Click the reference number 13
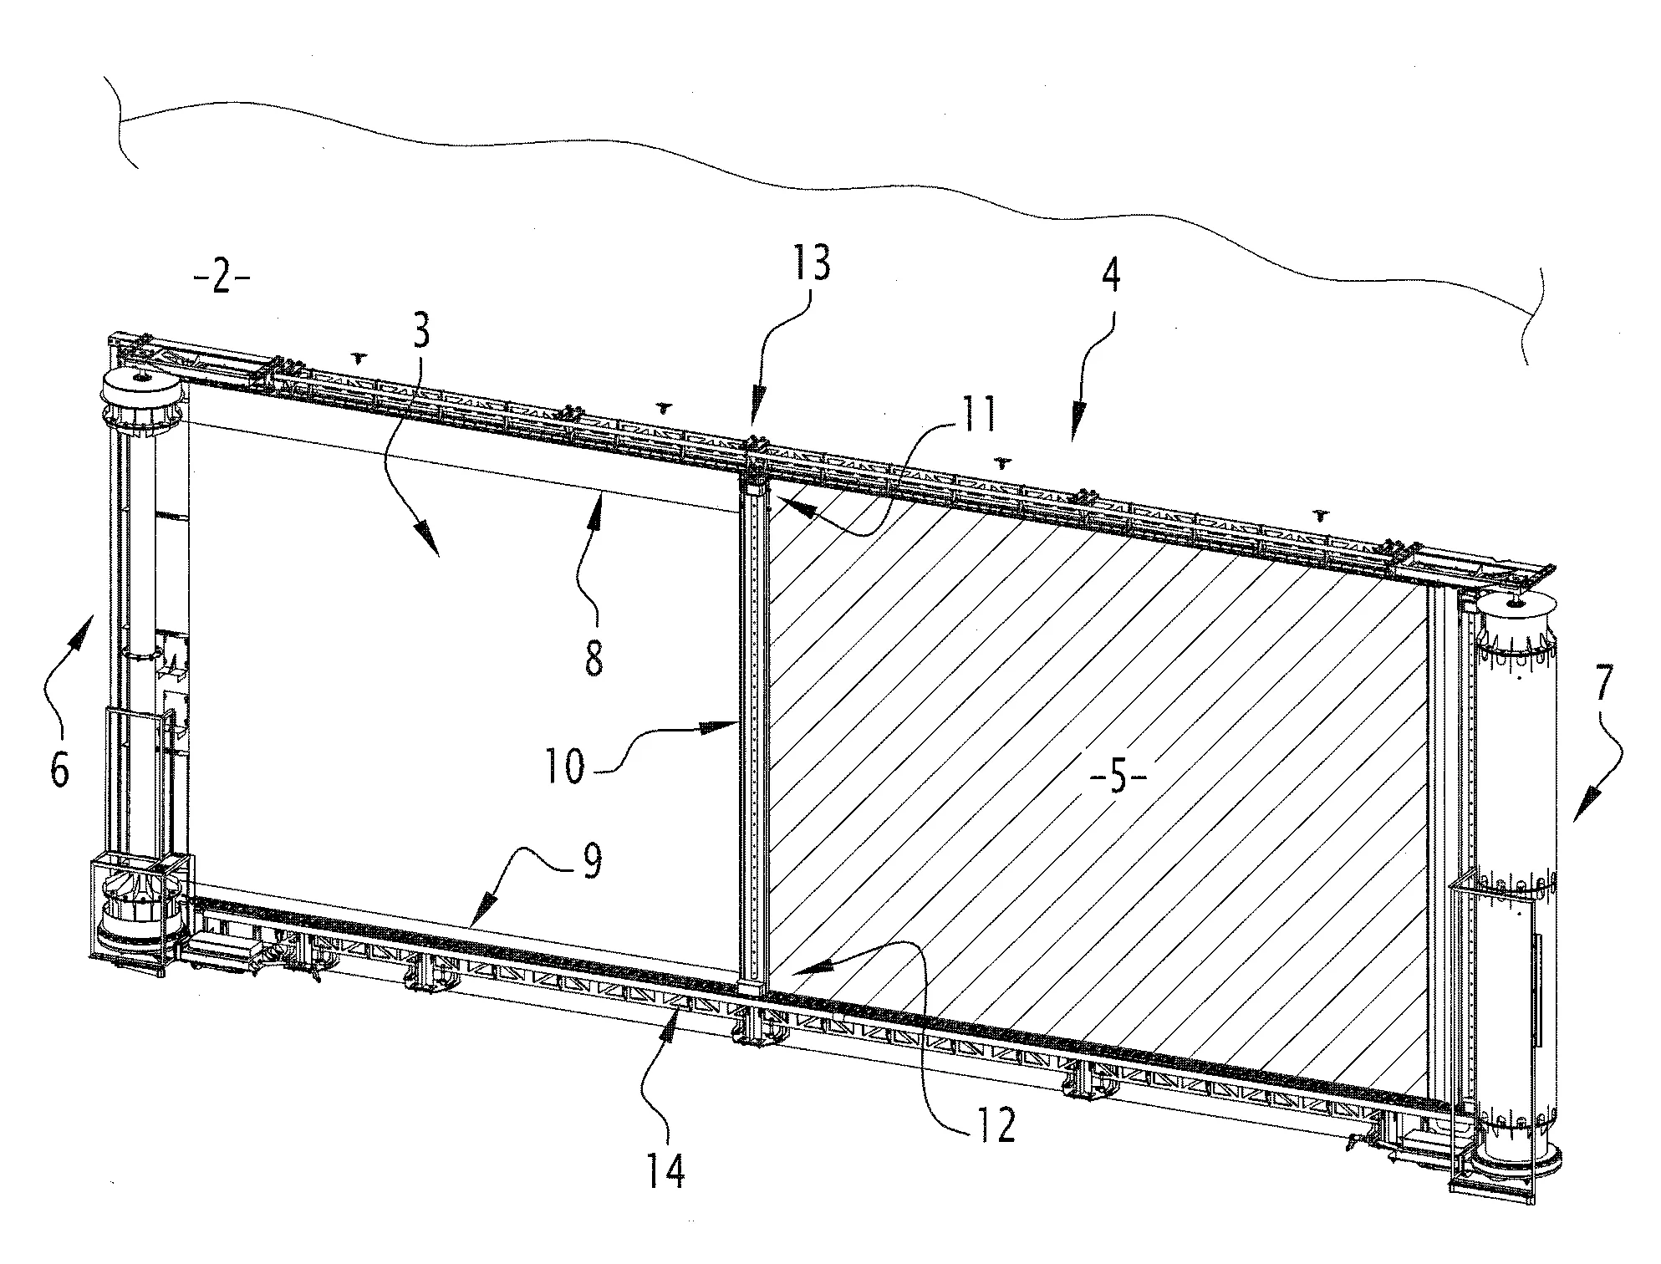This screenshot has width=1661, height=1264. tap(809, 264)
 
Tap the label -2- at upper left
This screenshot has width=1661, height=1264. tap(221, 278)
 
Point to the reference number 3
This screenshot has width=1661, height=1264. tap(422, 332)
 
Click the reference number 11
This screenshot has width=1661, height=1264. tap(977, 415)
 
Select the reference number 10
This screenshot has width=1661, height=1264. tap(565, 766)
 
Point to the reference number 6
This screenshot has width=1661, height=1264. tap(59, 768)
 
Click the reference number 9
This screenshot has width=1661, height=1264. tap(592, 862)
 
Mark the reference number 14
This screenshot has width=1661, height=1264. tap(665, 1170)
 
